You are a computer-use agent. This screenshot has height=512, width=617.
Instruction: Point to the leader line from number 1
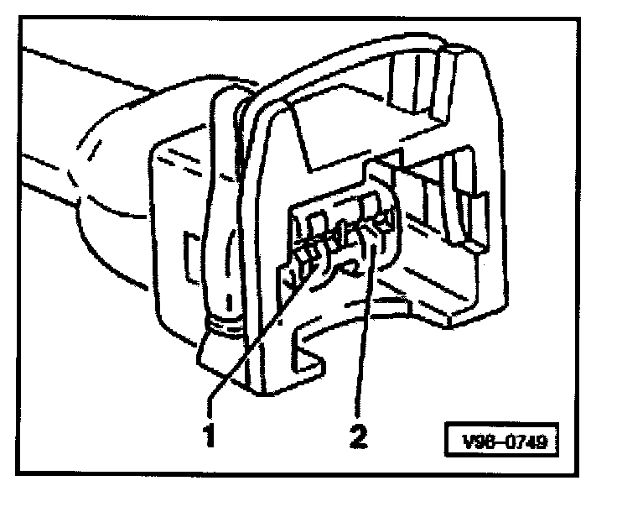[251, 344]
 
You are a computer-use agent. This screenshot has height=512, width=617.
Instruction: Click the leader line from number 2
[361, 336]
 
